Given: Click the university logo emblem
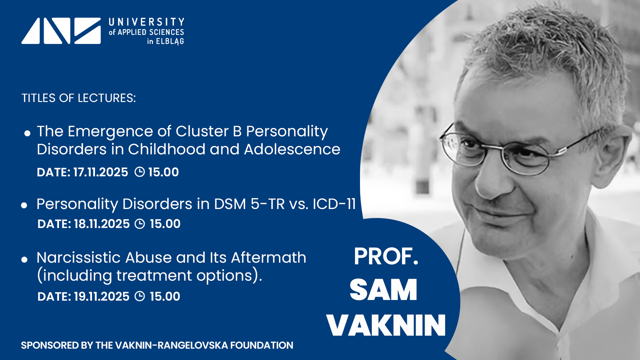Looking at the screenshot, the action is tap(61, 31).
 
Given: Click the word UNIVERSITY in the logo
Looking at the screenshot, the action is tap(146, 22).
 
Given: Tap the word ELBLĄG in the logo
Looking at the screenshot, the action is tap(170, 41).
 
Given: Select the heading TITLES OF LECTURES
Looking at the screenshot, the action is tap(79, 98).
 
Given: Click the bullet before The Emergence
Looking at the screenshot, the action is tap(27, 133).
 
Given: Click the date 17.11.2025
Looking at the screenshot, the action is tap(100, 172).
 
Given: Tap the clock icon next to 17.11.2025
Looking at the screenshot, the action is tap(139, 172).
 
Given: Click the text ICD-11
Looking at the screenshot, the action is tap(334, 204).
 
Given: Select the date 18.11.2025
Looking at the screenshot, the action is tap(102, 224).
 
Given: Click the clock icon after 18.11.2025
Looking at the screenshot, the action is tap(140, 224).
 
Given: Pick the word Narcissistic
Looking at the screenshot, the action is tap(78, 257).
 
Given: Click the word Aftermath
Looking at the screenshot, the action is tap(268, 257).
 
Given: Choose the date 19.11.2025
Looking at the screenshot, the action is tap(101, 296).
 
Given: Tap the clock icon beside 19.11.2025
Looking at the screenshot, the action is tap(140, 296).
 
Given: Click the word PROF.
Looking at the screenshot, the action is tap(386, 256).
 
